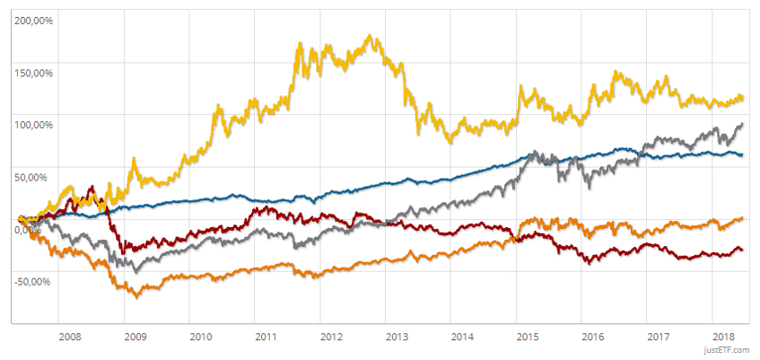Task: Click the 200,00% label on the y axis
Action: [x=33, y=21]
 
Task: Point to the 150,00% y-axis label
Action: [x=33, y=73]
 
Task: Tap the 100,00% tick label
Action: [x=33, y=125]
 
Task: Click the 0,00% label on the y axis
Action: [x=29, y=229]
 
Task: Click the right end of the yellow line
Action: [x=743, y=98]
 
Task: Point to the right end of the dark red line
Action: [x=742, y=250]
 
